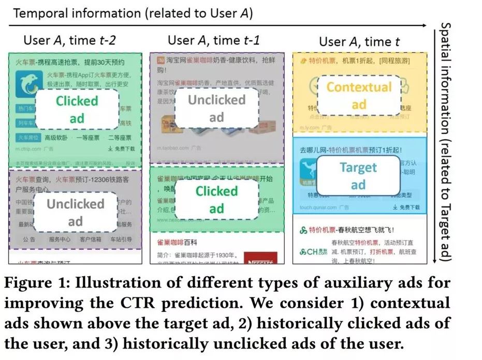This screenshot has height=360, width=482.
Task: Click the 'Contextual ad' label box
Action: (x=359, y=95)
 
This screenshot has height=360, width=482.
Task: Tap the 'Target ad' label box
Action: (x=358, y=176)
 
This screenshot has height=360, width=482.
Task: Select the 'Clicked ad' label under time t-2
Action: (x=77, y=109)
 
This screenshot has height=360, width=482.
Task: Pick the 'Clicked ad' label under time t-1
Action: (x=216, y=200)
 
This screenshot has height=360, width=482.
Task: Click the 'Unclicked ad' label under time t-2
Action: (x=76, y=212)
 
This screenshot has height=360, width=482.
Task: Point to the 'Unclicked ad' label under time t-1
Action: (x=216, y=108)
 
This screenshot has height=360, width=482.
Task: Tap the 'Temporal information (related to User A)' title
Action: (x=133, y=13)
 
